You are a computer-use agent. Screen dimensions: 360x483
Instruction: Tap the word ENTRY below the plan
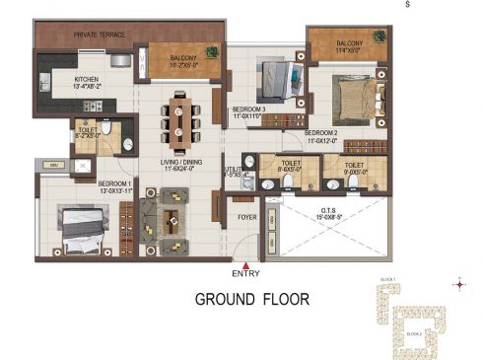click(x=245, y=272)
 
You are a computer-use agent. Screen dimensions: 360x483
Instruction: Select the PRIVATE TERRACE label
click(x=99, y=36)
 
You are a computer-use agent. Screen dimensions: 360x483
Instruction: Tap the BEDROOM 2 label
click(x=321, y=132)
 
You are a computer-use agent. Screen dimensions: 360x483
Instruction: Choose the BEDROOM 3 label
click(x=250, y=109)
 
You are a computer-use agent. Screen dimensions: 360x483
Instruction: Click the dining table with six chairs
click(x=179, y=114)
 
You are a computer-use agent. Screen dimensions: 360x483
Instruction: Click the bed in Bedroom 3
click(x=272, y=76)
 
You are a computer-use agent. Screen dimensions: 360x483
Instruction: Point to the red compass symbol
click(x=459, y=285)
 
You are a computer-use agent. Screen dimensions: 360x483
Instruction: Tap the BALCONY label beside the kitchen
click(x=183, y=58)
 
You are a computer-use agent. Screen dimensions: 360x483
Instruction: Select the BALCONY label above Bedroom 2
click(x=349, y=43)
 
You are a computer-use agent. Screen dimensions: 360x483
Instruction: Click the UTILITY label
click(x=234, y=170)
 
